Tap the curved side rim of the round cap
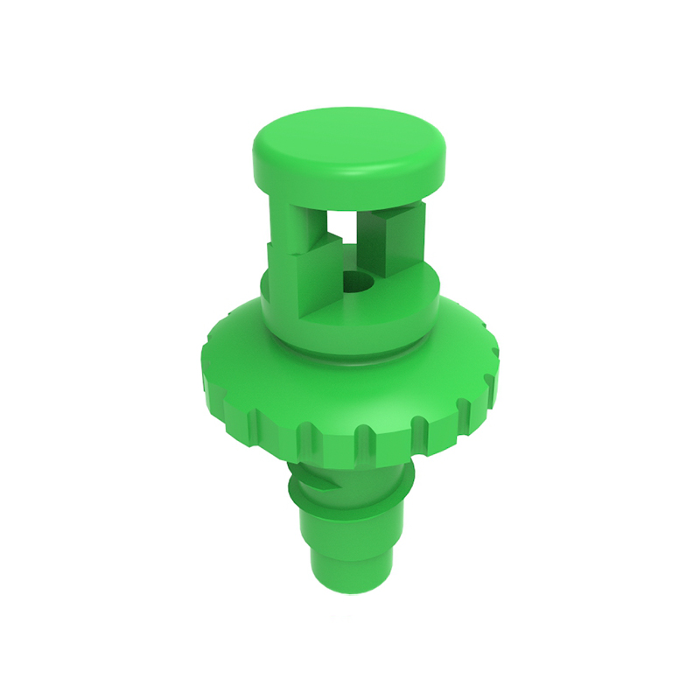tap(350, 179)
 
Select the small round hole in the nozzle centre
tap(356, 283)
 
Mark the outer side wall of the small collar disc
tap(350, 332)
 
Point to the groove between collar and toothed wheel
tap(350, 355)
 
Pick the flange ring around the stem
tap(350, 507)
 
